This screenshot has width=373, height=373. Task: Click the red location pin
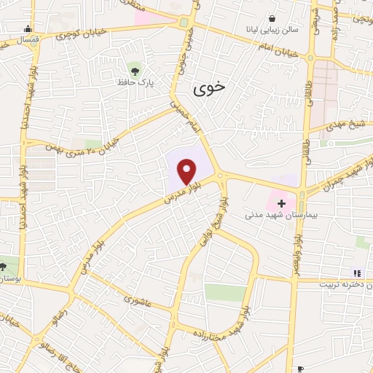(187, 171)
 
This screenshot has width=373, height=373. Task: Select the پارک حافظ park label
(133, 83)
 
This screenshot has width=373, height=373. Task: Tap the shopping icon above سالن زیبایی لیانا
(272, 18)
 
